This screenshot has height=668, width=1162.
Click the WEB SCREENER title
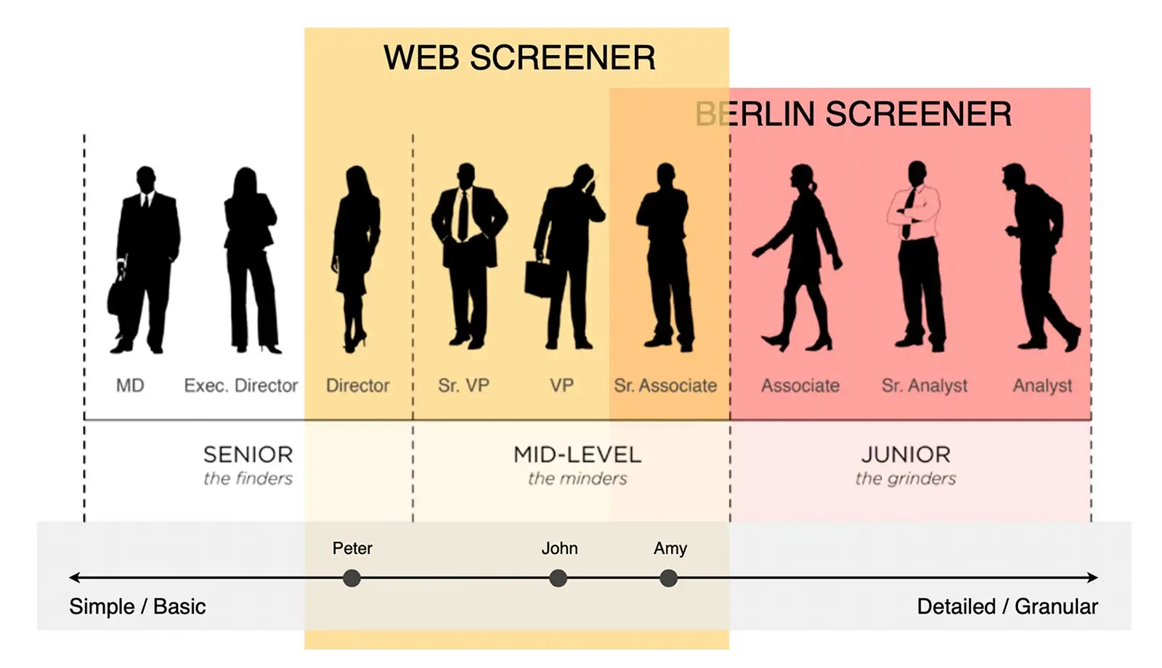click(x=519, y=57)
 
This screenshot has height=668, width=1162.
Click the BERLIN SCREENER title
click(x=853, y=113)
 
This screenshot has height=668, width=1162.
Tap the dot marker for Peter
click(x=352, y=578)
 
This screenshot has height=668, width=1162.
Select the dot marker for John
click(x=558, y=578)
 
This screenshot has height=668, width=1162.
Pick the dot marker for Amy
click(x=669, y=578)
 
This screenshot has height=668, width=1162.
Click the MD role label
click(x=130, y=386)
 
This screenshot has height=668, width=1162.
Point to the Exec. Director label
click(x=241, y=386)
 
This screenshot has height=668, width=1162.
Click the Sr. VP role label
click(x=463, y=386)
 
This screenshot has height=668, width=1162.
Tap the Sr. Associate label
click(x=665, y=386)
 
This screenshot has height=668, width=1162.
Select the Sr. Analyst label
click(x=925, y=386)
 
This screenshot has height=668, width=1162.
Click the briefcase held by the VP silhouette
click(x=538, y=279)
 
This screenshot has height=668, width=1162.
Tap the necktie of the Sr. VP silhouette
click(x=463, y=216)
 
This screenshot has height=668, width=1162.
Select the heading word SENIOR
click(x=248, y=455)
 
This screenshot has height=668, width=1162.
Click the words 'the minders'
click(x=577, y=478)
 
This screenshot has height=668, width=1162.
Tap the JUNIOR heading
click(x=906, y=455)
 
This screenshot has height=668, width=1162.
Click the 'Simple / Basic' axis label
click(x=137, y=606)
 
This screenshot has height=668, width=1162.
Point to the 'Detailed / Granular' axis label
click(x=1007, y=606)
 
